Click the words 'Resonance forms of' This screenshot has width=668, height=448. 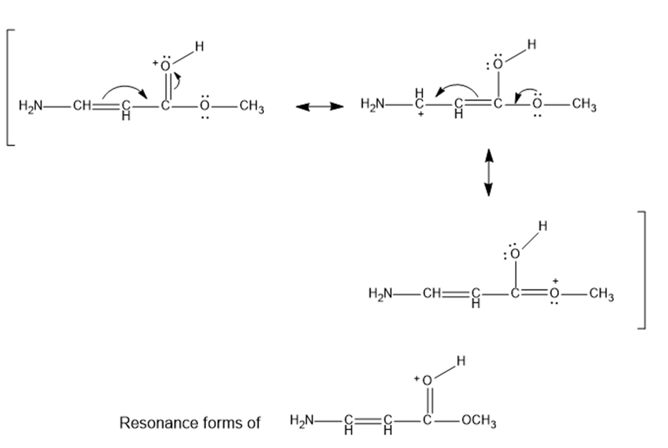click(190, 423)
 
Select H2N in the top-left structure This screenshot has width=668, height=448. click(30, 107)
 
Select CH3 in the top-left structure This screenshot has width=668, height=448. click(251, 108)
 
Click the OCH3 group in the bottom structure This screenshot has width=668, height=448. click(478, 423)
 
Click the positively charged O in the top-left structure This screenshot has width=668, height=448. click(165, 66)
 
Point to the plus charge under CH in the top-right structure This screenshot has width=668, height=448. click(420, 115)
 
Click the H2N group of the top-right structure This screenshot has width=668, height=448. click(373, 105)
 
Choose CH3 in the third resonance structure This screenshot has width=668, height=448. click(601, 294)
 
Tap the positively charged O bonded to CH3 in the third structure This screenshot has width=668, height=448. click(553, 293)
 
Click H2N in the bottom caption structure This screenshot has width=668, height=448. click(302, 423)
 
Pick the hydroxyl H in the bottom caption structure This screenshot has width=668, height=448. click(461, 361)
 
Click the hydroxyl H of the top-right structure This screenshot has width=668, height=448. click(531, 45)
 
